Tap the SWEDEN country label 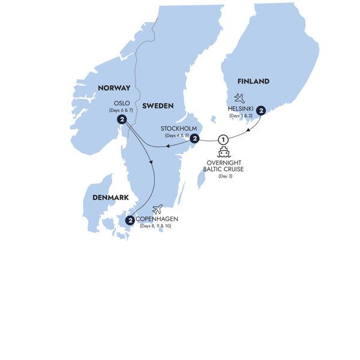point(158,106)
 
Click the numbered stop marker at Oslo point(122,120)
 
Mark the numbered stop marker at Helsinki point(260,109)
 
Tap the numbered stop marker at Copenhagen point(130,221)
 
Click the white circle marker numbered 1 point(223,139)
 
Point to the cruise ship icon point(224,152)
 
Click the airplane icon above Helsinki point(239,97)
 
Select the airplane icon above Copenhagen point(158,209)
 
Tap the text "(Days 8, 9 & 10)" point(158,227)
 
